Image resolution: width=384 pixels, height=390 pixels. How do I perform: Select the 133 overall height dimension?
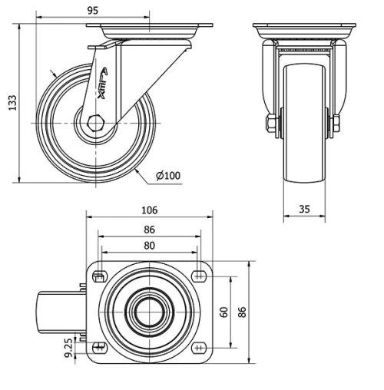click(x=12, y=103)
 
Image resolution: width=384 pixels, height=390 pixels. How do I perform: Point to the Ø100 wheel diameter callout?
click(x=167, y=176)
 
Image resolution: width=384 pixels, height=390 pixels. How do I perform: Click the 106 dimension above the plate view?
click(x=149, y=210)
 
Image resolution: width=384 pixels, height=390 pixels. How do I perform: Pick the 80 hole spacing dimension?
click(x=149, y=246)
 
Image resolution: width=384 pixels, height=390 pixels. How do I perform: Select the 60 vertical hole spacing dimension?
click(x=224, y=312)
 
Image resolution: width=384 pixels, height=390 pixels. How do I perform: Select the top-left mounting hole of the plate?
click(x=99, y=276)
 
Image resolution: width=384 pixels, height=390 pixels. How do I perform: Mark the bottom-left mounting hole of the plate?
click(x=99, y=347)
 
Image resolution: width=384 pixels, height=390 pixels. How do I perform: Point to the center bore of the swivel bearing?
click(x=149, y=312)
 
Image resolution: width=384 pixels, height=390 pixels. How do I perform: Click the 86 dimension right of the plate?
click(x=242, y=312)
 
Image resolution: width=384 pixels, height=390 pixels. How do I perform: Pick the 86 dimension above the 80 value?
click(x=149, y=229)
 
